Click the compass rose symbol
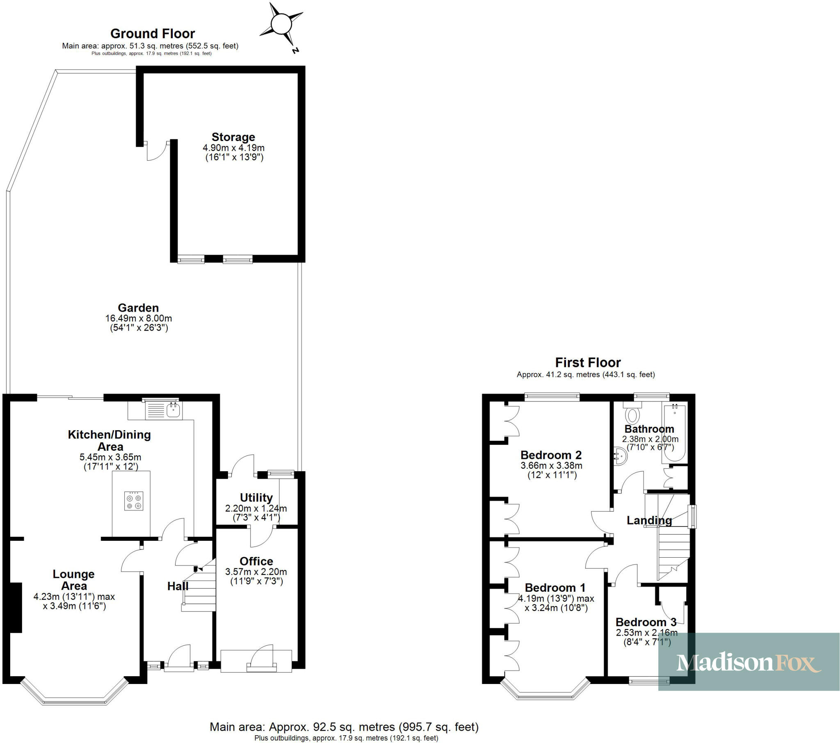(x=281, y=24)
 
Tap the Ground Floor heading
(x=153, y=34)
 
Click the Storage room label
(x=233, y=137)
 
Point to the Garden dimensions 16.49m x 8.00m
(x=139, y=318)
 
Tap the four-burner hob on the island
(x=134, y=501)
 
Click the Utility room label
(x=256, y=498)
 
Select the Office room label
(x=256, y=561)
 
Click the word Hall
(x=178, y=586)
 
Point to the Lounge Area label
(x=73, y=580)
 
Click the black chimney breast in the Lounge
(x=16, y=608)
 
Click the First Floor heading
(x=588, y=362)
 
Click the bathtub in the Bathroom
(x=674, y=433)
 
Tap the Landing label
(x=649, y=520)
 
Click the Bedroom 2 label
(x=551, y=455)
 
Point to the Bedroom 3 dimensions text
(x=646, y=637)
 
